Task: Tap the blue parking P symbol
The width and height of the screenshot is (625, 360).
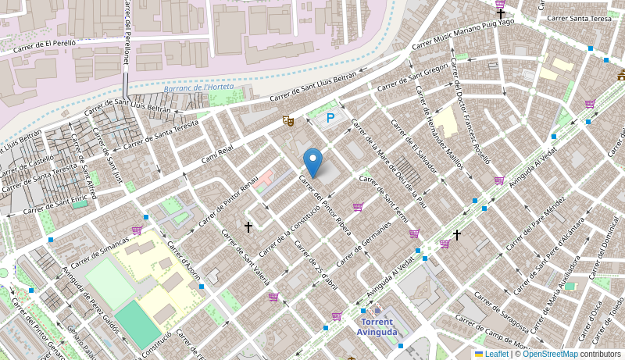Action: click(330, 118)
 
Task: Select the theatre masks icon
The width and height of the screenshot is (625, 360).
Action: click(288, 121)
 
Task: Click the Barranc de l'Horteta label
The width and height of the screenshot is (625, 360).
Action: click(198, 88)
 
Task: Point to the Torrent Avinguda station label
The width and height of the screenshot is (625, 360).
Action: click(377, 326)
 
